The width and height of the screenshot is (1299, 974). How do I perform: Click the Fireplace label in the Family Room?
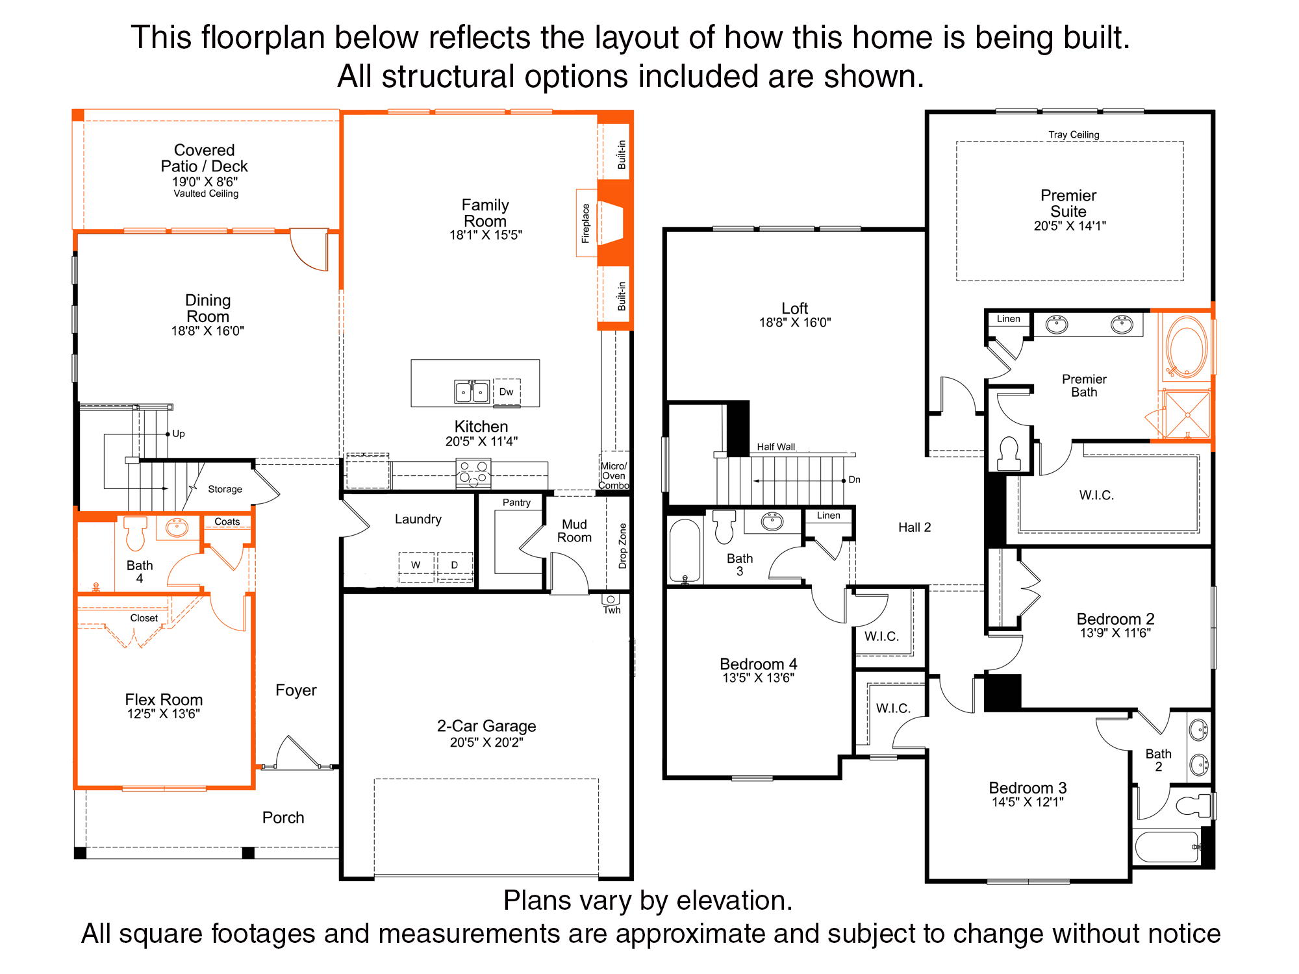click(x=586, y=223)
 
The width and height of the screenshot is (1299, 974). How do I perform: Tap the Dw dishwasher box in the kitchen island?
click(x=507, y=392)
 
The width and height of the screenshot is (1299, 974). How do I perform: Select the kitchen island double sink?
click(x=472, y=392)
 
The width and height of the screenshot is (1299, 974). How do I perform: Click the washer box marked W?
click(x=416, y=565)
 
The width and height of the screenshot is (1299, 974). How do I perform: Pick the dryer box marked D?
click(x=455, y=565)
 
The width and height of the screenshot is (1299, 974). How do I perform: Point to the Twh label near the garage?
click(x=612, y=610)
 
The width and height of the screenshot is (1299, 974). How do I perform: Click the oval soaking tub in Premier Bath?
click(x=1187, y=347)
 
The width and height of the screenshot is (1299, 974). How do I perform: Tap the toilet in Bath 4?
click(x=135, y=533)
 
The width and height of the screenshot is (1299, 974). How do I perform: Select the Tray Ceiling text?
click(x=1074, y=134)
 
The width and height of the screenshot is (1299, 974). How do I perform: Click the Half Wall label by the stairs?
click(x=776, y=447)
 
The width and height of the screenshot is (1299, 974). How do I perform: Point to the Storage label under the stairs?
click(x=225, y=489)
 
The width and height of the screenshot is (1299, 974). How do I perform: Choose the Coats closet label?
click(x=227, y=521)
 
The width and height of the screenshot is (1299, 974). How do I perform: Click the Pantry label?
click(x=516, y=503)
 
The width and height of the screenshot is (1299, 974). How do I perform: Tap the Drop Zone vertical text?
click(x=622, y=546)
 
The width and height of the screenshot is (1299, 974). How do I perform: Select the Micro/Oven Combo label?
click(x=614, y=475)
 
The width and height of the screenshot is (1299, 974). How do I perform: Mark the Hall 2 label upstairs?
click(x=914, y=527)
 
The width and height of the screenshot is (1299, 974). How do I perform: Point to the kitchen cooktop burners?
click(x=473, y=473)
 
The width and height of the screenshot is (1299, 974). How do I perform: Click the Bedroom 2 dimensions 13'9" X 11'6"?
click(x=1115, y=633)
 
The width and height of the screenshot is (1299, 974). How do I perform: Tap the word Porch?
click(x=283, y=818)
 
